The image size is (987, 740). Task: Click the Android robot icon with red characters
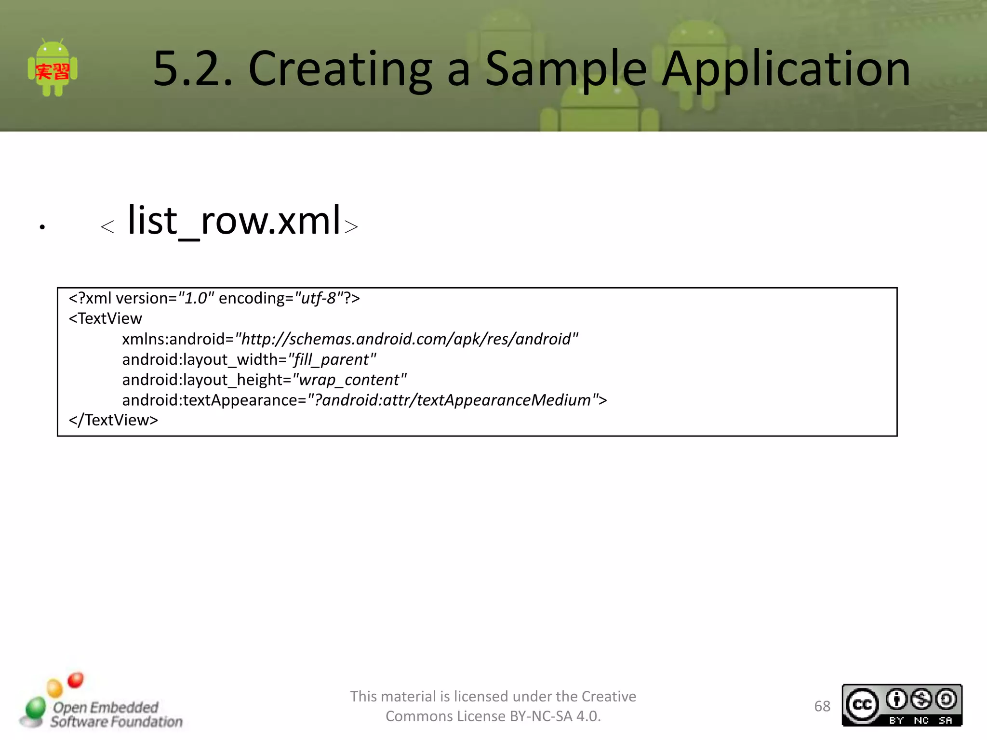pyautogui.click(x=53, y=68)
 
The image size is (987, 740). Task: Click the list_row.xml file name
pyautogui.click(x=234, y=221)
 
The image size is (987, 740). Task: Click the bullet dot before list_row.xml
pyautogui.click(x=42, y=226)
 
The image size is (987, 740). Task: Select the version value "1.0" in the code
pyautogui.click(x=196, y=299)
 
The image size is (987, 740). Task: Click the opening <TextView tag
pyautogui.click(x=106, y=319)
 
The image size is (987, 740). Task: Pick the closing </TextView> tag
pyautogui.click(x=113, y=420)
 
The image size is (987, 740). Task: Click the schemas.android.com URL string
pyautogui.click(x=406, y=339)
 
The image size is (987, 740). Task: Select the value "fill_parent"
pyautogui.click(x=332, y=359)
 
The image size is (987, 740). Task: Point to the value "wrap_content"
pyautogui.click(x=349, y=380)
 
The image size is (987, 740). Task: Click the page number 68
pyautogui.click(x=822, y=706)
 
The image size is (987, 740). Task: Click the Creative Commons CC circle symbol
pyautogui.click(x=862, y=705)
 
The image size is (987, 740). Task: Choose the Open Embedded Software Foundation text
pyautogui.click(x=116, y=714)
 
